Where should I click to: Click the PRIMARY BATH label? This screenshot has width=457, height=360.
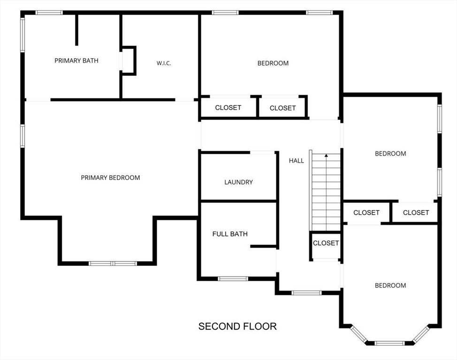pos(76,60)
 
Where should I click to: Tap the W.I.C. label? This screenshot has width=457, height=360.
pos(164,63)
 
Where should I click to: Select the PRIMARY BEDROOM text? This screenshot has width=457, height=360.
pos(110,178)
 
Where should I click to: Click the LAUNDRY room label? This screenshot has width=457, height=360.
pos(238,182)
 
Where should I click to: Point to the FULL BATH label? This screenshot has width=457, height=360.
pos(230,234)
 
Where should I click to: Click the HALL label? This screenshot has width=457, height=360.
pos(297,161)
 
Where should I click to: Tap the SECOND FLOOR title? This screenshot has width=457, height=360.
pos(237,326)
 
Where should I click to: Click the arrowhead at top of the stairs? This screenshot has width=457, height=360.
pos(327,156)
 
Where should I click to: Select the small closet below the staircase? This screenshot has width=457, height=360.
pos(326,246)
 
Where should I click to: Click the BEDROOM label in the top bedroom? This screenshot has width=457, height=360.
pos(273,63)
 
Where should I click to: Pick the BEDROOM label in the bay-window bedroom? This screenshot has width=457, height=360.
pos(390,285)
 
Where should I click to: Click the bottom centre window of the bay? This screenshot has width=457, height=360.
pos(390,343)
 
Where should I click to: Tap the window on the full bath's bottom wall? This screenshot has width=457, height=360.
pos(233,279)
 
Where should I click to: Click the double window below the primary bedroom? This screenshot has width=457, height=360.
pos(113,263)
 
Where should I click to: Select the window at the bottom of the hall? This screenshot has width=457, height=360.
pos(306,292)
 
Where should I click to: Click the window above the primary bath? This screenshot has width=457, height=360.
pos(49,13)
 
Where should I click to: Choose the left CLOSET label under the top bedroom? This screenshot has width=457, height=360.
pos(228,108)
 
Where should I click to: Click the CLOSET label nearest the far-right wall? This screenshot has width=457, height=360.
pos(416,213)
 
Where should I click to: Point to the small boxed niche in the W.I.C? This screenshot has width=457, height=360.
pos(129,60)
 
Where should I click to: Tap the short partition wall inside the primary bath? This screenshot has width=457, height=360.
pos(76,30)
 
